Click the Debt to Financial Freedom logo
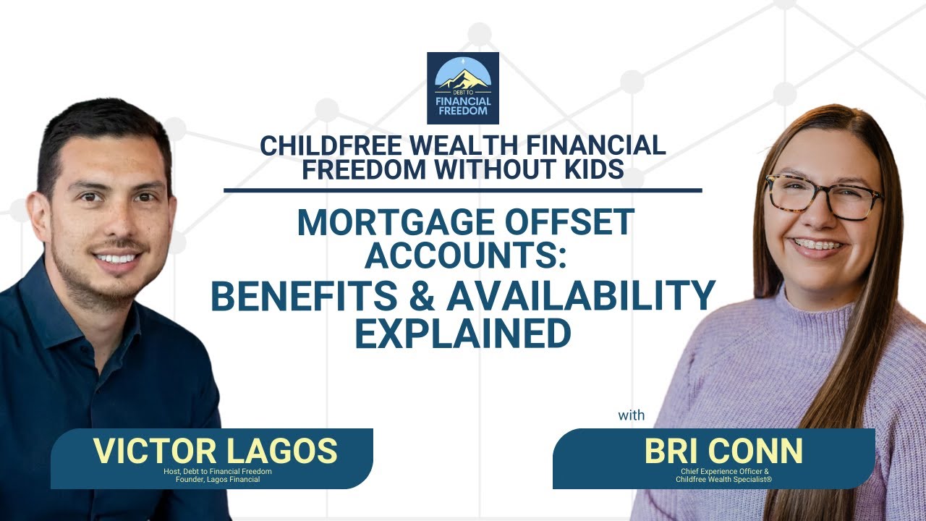(463, 88)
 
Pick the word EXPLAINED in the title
(463, 334)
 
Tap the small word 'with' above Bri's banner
(631, 416)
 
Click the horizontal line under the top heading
(463, 191)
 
